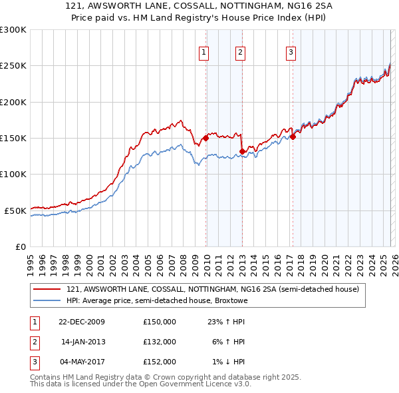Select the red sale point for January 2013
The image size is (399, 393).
pyautogui.click(x=242, y=151)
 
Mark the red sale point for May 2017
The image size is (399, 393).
pyautogui.click(x=293, y=137)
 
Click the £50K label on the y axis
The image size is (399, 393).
pyautogui.click(x=15, y=210)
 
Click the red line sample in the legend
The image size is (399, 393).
pyautogui.click(x=47, y=289)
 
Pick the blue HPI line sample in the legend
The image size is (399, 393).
pyautogui.click(x=47, y=300)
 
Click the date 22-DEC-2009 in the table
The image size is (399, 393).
pyautogui.click(x=82, y=322)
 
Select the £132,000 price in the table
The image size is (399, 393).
pyautogui.click(x=160, y=342)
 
